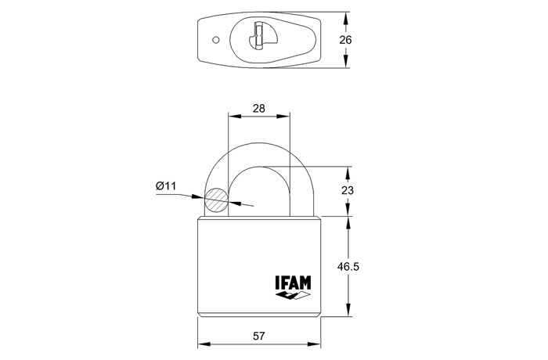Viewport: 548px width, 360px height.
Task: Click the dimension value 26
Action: coord(345,40)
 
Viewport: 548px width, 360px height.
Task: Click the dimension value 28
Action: coord(258,108)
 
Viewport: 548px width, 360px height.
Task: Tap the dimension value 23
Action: coord(348,190)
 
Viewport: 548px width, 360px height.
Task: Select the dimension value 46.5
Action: coord(348,267)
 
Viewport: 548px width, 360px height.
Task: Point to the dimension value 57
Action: coord(258,337)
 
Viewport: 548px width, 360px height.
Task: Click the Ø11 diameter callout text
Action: coord(166,186)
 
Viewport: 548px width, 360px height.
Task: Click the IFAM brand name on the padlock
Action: coord(293,283)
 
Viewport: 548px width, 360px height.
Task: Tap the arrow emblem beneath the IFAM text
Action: coord(293,296)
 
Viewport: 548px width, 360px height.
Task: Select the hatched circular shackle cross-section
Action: coord(216,200)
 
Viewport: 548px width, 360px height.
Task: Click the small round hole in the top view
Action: coord(216,40)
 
